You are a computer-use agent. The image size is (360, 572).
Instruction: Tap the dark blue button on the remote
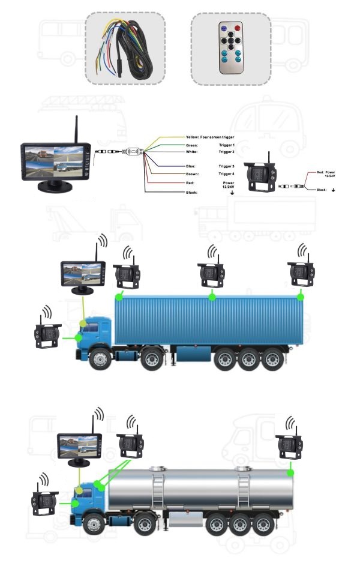[x=223, y=28]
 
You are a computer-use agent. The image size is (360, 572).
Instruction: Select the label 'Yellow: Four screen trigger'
[x=210, y=137]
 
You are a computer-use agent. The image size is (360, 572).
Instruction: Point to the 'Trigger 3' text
[x=227, y=166]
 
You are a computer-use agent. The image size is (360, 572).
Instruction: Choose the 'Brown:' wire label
[x=192, y=173]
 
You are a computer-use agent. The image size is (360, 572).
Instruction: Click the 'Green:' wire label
[x=192, y=145]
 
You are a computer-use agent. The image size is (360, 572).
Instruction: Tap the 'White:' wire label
[x=192, y=152]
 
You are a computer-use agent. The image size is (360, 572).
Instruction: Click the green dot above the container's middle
[x=212, y=297]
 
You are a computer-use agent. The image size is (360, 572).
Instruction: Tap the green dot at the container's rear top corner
[x=301, y=297]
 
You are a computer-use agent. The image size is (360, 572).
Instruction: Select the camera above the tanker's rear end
[x=290, y=446]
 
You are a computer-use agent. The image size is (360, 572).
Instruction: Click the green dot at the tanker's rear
[x=290, y=473]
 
